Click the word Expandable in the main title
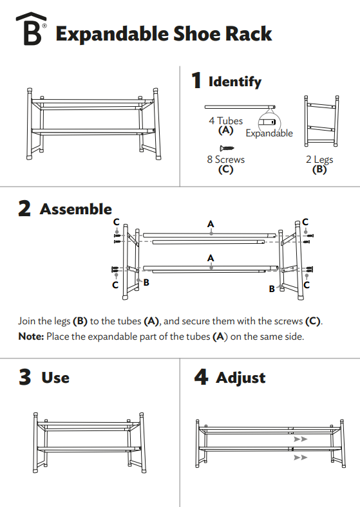coord(113,33)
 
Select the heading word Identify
coord(235,82)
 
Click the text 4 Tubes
coord(225,121)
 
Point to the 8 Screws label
coord(225,160)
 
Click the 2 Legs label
coord(319,160)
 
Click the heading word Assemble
coord(75,209)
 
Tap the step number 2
coord(24,209)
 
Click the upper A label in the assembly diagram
coord(211,224)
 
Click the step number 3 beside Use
coord(24,377)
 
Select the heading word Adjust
coord(240,378)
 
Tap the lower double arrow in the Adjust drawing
coord(299,457)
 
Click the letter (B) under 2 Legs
coord(319,170)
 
